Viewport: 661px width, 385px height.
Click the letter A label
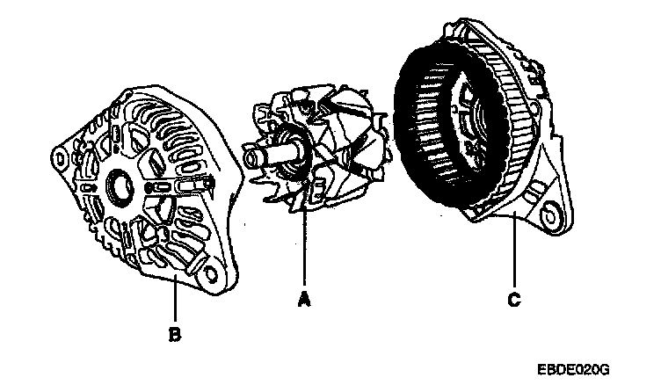304,301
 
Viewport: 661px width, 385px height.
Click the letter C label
512,301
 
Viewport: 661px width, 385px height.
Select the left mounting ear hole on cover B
59,159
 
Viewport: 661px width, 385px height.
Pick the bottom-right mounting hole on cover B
211,272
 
